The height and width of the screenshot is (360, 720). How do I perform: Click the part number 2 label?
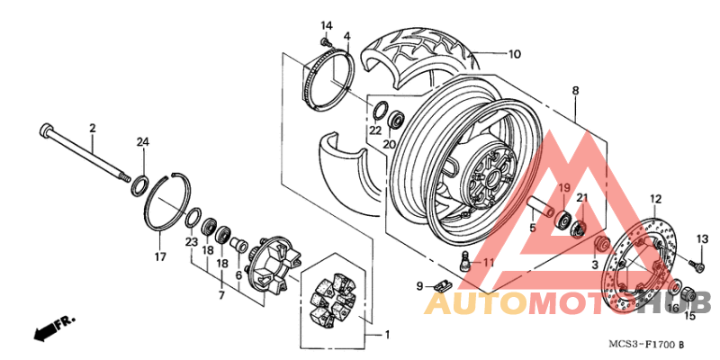tap(92, 129)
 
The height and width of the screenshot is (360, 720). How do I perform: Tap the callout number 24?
tap(142, 143)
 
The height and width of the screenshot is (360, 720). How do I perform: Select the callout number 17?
tap(159, 256)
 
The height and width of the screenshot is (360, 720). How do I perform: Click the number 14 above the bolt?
tap(326, 24)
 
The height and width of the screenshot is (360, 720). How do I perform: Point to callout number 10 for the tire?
tap(513, 54)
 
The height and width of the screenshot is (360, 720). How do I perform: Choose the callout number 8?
tap(575, 91)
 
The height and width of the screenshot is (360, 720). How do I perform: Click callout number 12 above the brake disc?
tap(655, 198)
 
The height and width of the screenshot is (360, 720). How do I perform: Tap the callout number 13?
tap(702, 238)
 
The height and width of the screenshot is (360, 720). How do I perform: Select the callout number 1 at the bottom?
tap(387, 336)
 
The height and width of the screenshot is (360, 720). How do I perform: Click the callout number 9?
tap(419, 285)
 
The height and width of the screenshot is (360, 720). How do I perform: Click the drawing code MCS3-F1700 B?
tap(644, 345)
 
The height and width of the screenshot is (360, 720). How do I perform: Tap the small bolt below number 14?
tap(326, 40)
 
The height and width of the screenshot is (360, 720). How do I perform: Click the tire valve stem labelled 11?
tap(464, 264)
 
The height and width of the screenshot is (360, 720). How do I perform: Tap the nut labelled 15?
tap(688, 294)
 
